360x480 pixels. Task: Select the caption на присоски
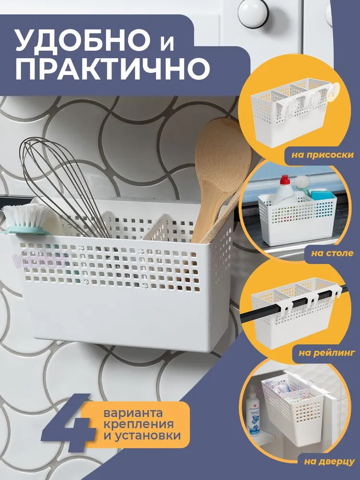323,155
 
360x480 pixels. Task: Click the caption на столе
332,253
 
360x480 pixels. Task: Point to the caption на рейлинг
326,353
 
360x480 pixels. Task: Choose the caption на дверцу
329,462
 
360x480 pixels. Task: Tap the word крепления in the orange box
139,424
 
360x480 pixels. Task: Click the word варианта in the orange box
133,413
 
